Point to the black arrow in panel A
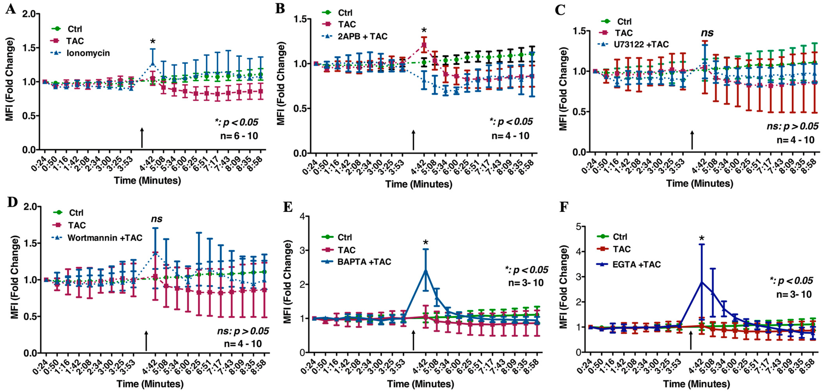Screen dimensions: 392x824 coord(142,138)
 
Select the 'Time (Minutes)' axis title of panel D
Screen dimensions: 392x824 coord(150,384)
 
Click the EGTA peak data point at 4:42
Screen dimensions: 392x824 coord(702,282)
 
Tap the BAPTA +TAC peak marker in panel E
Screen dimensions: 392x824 coord(426,271)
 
